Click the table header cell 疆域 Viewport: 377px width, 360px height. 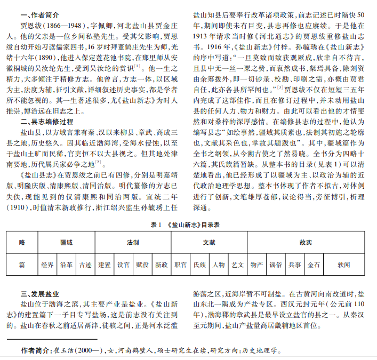[x=66, y=242]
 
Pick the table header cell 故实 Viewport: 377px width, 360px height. [x=305, y=242]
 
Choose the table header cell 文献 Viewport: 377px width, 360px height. [x=210, y=242]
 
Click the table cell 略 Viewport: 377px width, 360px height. [x=22, y=242]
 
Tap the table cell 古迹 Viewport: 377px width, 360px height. [x=85, y=265]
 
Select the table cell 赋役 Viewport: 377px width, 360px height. [x=142, y=265]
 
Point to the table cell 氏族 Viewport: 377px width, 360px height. [x=199, y=265]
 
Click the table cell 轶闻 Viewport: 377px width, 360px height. [x=344, y=265]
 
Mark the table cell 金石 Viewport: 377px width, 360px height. [x=314, y=265]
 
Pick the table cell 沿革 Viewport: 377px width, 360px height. [x=66, y=265]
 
